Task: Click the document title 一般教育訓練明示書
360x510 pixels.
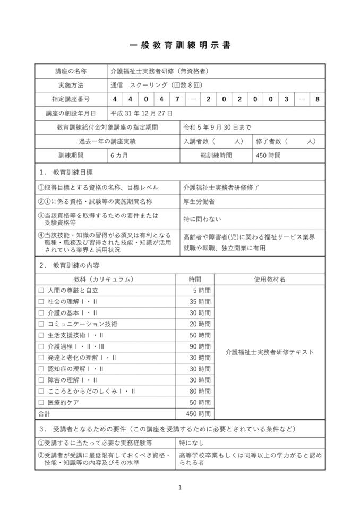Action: click(180, 46)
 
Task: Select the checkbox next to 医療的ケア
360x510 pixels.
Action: click(41, 402)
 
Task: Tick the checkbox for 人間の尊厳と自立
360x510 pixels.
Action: click(41, 291)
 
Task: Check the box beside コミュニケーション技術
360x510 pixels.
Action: click(41, 324)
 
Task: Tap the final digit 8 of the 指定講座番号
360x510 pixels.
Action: click(317, 99)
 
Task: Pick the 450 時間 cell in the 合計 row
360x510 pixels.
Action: click(200, 413)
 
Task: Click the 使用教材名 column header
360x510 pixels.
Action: click(269, 279)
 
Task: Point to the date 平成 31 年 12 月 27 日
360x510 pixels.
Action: click(141, 113)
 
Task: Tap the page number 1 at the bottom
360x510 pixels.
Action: click(180, 487)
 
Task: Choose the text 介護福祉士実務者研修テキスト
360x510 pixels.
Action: click(269, 352)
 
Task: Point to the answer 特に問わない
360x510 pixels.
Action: click(202, 218)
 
